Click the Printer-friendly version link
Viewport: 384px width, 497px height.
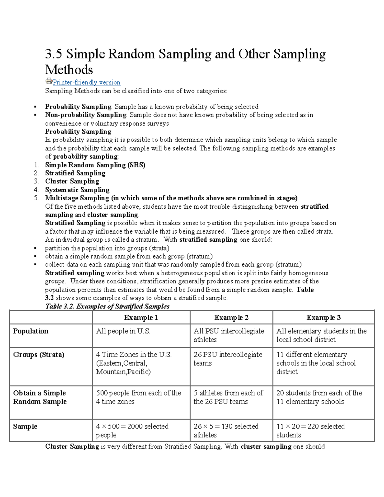[x=86, y=83]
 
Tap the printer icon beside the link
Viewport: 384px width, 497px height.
[x=49, y=81]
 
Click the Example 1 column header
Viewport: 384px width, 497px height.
[x=141, y=317]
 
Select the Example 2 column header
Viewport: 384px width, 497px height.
[x=231, y=317]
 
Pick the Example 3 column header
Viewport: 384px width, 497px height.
[x=323, y=317]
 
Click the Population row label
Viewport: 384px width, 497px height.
[x=31, y=331]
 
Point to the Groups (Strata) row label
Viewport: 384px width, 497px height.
[x=39, y=355]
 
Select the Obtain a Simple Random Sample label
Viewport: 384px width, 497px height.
[x=40, y=397]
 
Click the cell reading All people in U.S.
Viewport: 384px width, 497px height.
[x=123, y=331]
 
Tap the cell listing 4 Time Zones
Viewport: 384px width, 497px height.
[x=134, y=363]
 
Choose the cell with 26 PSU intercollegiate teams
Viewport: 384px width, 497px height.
[x=228, y=359]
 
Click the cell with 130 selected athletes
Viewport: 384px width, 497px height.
[x=226, y=430]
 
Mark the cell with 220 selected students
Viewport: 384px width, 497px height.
[x=310, y=430]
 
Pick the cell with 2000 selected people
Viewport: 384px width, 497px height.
[x=132, y=430]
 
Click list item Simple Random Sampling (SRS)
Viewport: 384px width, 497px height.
[x=95, y=165]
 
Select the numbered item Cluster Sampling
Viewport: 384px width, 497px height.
[x=72, y=181]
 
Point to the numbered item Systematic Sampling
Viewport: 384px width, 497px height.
[x=77, y=190]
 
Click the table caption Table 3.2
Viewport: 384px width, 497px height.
[x=107, y=306]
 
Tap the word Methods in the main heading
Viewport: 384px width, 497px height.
[x=69, y=70]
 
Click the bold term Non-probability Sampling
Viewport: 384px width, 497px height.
[x=86, y=115]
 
